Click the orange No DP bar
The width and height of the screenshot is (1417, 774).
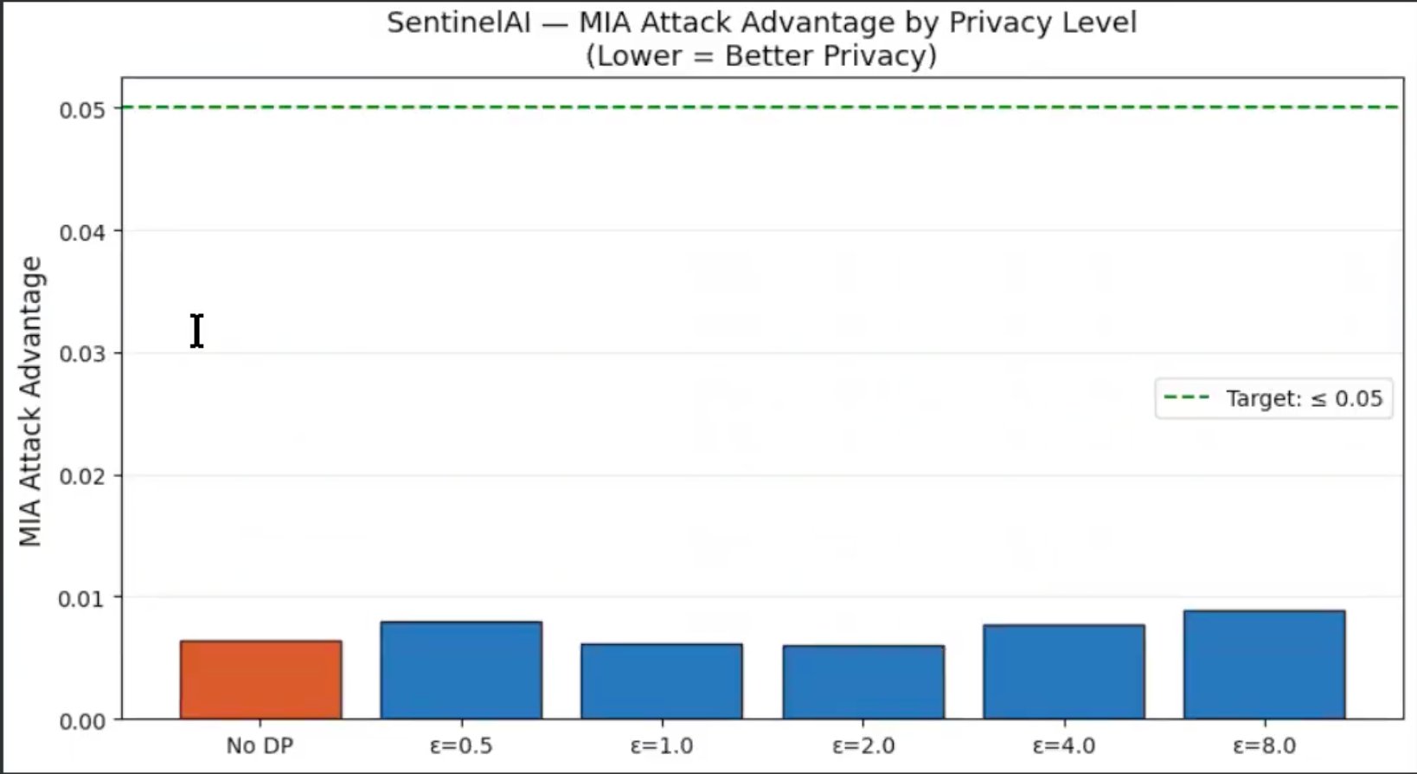click(260, 680)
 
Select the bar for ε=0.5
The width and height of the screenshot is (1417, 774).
click(461, 670)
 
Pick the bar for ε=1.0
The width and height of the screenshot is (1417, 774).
click(662, 681)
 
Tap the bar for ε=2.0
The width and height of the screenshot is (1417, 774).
click(863, 682)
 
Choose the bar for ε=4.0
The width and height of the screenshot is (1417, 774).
click(1064, 672)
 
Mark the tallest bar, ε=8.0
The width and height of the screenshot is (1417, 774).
click(1265, 665)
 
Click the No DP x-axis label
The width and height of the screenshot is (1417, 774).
click(260, 745)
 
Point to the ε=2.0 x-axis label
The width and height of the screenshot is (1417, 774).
click(863, 745)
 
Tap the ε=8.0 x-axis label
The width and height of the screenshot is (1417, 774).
click(1265, 745)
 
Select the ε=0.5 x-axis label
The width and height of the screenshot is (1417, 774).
click(461, 745)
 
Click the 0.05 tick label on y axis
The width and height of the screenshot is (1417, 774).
click(83, 110)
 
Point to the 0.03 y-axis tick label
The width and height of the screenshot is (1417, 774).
click(83, 354)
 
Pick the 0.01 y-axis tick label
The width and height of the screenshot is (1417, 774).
click(83, 599)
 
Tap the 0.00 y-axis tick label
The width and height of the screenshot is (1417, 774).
click(83, 721)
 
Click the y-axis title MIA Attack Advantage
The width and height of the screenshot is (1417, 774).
click(29, 401)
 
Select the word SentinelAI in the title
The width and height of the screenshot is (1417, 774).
click(458, 23)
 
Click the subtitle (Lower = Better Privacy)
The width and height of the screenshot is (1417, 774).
click(761, 55)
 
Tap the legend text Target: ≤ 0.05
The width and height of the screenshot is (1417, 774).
click(1305, 399)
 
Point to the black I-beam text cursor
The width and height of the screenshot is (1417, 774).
click(196, 331)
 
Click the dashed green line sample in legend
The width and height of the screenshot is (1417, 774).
click(1187, 397)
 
